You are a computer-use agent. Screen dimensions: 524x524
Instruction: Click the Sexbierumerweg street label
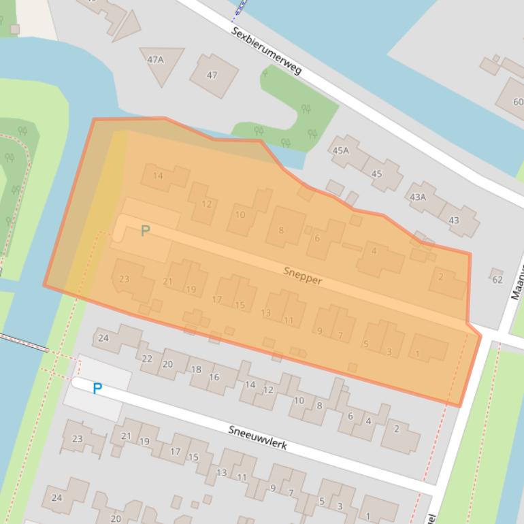(x=266, y=52)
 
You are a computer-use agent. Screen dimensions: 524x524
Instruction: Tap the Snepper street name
(x=303, y=276)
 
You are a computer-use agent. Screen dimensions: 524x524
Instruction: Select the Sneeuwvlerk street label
(x=257, y=436)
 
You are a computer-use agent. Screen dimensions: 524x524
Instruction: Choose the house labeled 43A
(x=418, y=197)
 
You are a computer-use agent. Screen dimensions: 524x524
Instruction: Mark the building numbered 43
(x=454, y=220)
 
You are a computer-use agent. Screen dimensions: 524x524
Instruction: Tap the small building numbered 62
(x=496, y=279)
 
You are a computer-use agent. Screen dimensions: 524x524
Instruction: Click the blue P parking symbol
(x=97, y=389)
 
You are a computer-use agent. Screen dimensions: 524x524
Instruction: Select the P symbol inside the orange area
(x=145, y=231)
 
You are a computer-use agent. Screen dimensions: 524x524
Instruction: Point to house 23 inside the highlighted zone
(x=125, y=279)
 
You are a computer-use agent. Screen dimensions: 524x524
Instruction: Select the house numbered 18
(x=196, y=370)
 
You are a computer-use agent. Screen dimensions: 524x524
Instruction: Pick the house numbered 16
(x=214, y=377)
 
